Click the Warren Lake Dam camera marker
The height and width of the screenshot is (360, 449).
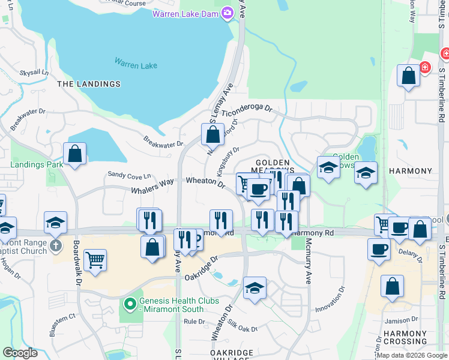(x=228, y=13)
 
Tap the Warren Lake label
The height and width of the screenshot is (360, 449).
(x=136, y=62)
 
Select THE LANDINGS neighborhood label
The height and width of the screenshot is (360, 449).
(x=89, y=84)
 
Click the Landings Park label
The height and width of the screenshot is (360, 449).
(x=37, y=164)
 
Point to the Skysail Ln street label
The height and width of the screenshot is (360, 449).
(x=34, y=73)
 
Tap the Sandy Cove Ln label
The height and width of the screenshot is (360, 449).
(x=129, y=175)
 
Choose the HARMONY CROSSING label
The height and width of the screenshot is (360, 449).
(x=405, y=338)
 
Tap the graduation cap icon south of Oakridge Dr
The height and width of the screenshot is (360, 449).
(x=255, y=289)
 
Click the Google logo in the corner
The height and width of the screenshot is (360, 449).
(x=20, y=353)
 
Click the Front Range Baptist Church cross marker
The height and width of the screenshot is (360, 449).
(x=56, y=245)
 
